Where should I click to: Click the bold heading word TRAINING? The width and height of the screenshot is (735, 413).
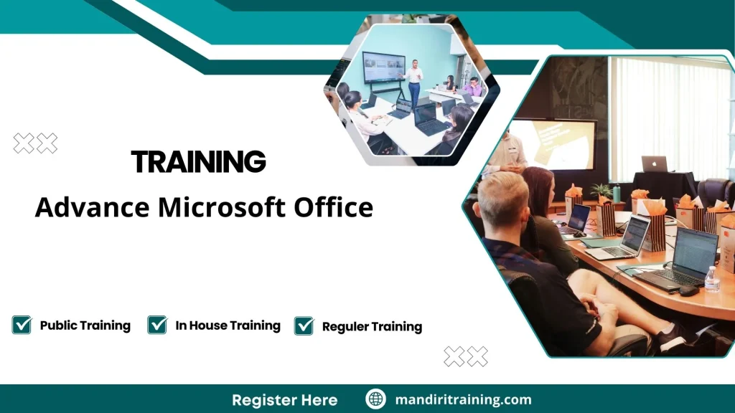tap(199, 162)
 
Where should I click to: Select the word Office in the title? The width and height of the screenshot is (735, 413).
tap(333, 207)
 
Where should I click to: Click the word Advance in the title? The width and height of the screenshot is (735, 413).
tap(93, 207)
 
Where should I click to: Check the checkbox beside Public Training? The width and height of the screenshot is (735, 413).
tap(22, 325)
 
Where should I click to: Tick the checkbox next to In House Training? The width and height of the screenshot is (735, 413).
tap(157, 325)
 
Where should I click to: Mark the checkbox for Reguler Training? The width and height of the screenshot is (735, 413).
tap(304, 326)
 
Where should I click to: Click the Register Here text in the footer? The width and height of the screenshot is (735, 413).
tap(284, 399)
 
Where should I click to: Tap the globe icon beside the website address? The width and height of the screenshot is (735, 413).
tap(375, 399)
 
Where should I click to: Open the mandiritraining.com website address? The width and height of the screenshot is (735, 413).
tap(463, 399)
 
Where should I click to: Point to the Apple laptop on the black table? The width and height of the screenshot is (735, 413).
tap(654, 164)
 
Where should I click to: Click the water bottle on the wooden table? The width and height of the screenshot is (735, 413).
tap(711, 278)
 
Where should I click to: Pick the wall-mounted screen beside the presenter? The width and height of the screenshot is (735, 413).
tap(383, 68)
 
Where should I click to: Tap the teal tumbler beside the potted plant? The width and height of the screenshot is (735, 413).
tap(617, 193)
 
